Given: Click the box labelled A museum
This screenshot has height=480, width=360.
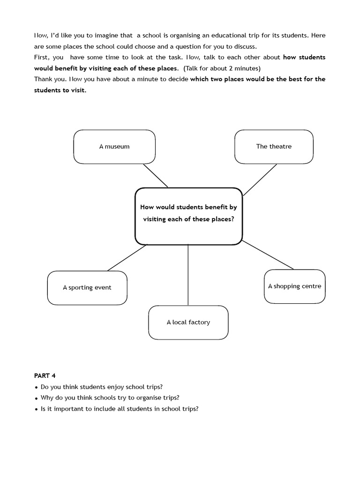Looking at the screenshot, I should [x=114, y=147].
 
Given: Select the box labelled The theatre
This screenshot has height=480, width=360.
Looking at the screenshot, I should [x=274, y=147].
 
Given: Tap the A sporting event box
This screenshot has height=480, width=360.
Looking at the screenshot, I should [x=87, y=288].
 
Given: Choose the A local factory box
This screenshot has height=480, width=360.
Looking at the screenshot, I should [x=188, y=322].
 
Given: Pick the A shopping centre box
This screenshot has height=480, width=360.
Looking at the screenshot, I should [x=294, y=286].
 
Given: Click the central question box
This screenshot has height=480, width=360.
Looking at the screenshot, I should [x=188, y=216].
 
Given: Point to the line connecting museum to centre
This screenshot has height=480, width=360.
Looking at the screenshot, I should [x=156, y=175].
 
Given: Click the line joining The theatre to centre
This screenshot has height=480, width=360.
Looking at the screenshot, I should [x=260, y=180].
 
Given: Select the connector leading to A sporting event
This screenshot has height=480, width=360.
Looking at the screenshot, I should [x=127, y=258].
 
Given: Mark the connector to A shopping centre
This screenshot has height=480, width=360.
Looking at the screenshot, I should [x=268, y=255].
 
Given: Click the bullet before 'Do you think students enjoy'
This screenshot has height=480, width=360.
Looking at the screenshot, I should [x=36, y=388].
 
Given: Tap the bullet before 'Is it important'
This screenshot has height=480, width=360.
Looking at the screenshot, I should [x=36, y=409].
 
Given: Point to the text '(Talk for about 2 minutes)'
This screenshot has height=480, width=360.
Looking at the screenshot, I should [x=222, y=68].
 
